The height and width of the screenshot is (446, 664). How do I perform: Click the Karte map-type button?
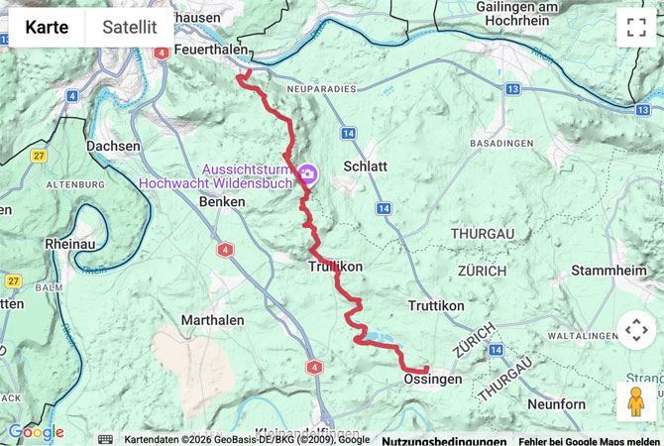click(47, 27)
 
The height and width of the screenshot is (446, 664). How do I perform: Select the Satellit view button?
click(129, 27)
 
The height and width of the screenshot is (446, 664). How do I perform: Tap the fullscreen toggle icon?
click(635, 28)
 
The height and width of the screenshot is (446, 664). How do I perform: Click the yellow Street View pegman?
click(635, 401)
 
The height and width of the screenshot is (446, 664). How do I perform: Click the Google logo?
click(36, 432)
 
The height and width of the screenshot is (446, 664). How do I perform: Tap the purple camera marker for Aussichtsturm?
click(308, 174)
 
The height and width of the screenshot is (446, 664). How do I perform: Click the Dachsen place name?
click(114, 146)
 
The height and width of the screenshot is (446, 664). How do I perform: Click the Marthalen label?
click(214, 320)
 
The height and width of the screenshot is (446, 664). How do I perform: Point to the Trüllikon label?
click(335, 267)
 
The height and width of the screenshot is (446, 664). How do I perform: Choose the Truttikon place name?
click(436, 306)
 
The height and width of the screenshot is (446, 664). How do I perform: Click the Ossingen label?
click(433, 380)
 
